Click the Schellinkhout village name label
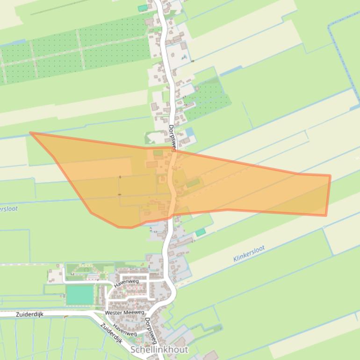(x=159, y=350)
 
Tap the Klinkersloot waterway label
(x=249, y=253)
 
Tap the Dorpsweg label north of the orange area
(x=172, y=138)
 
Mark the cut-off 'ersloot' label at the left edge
(x=8, y=209)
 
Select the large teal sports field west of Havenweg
(x=80, y=295)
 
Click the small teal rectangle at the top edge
(x=142, y=8)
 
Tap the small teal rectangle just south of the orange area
(x=200, y=232)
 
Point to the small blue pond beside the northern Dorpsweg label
(x=189, y=132)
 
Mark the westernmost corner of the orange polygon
(x=30, y=133)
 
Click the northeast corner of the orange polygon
(x=330, y=176)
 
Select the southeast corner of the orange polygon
(x=326, y=216)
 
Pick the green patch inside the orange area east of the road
(x=193, y=183)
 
